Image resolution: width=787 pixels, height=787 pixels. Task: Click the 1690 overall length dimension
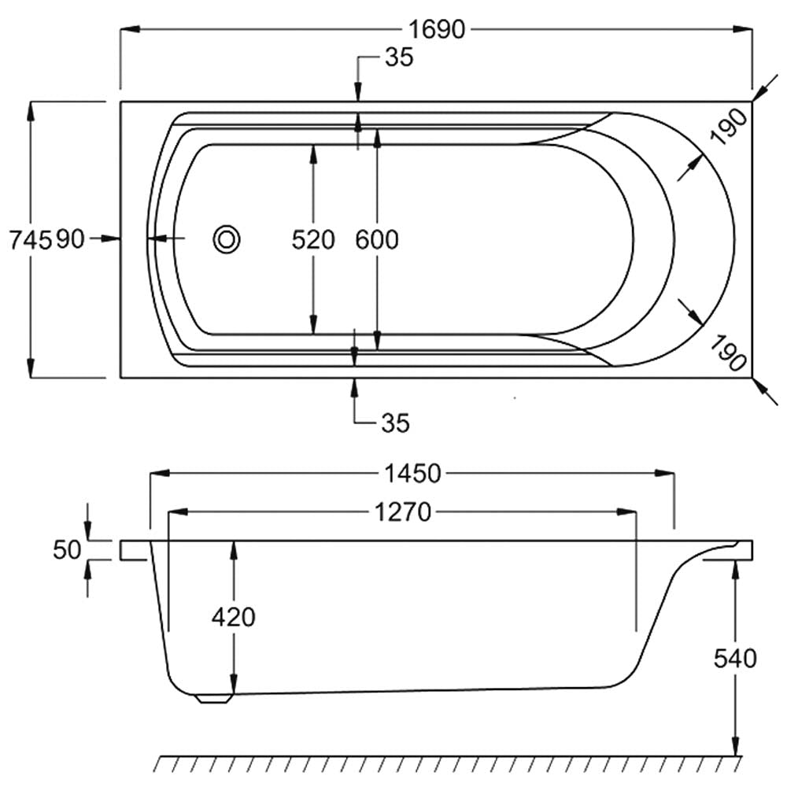437,30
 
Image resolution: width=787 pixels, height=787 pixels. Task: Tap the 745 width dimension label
31,239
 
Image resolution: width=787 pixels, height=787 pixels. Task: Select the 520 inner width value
313,239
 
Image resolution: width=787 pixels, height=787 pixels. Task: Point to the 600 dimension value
377,239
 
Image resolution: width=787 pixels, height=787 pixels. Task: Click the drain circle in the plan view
227,239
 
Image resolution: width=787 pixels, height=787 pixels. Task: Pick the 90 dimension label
70,239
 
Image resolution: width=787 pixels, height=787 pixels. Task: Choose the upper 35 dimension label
399,57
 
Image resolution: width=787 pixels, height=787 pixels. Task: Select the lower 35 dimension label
396,423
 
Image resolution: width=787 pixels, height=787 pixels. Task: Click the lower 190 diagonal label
729,353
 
